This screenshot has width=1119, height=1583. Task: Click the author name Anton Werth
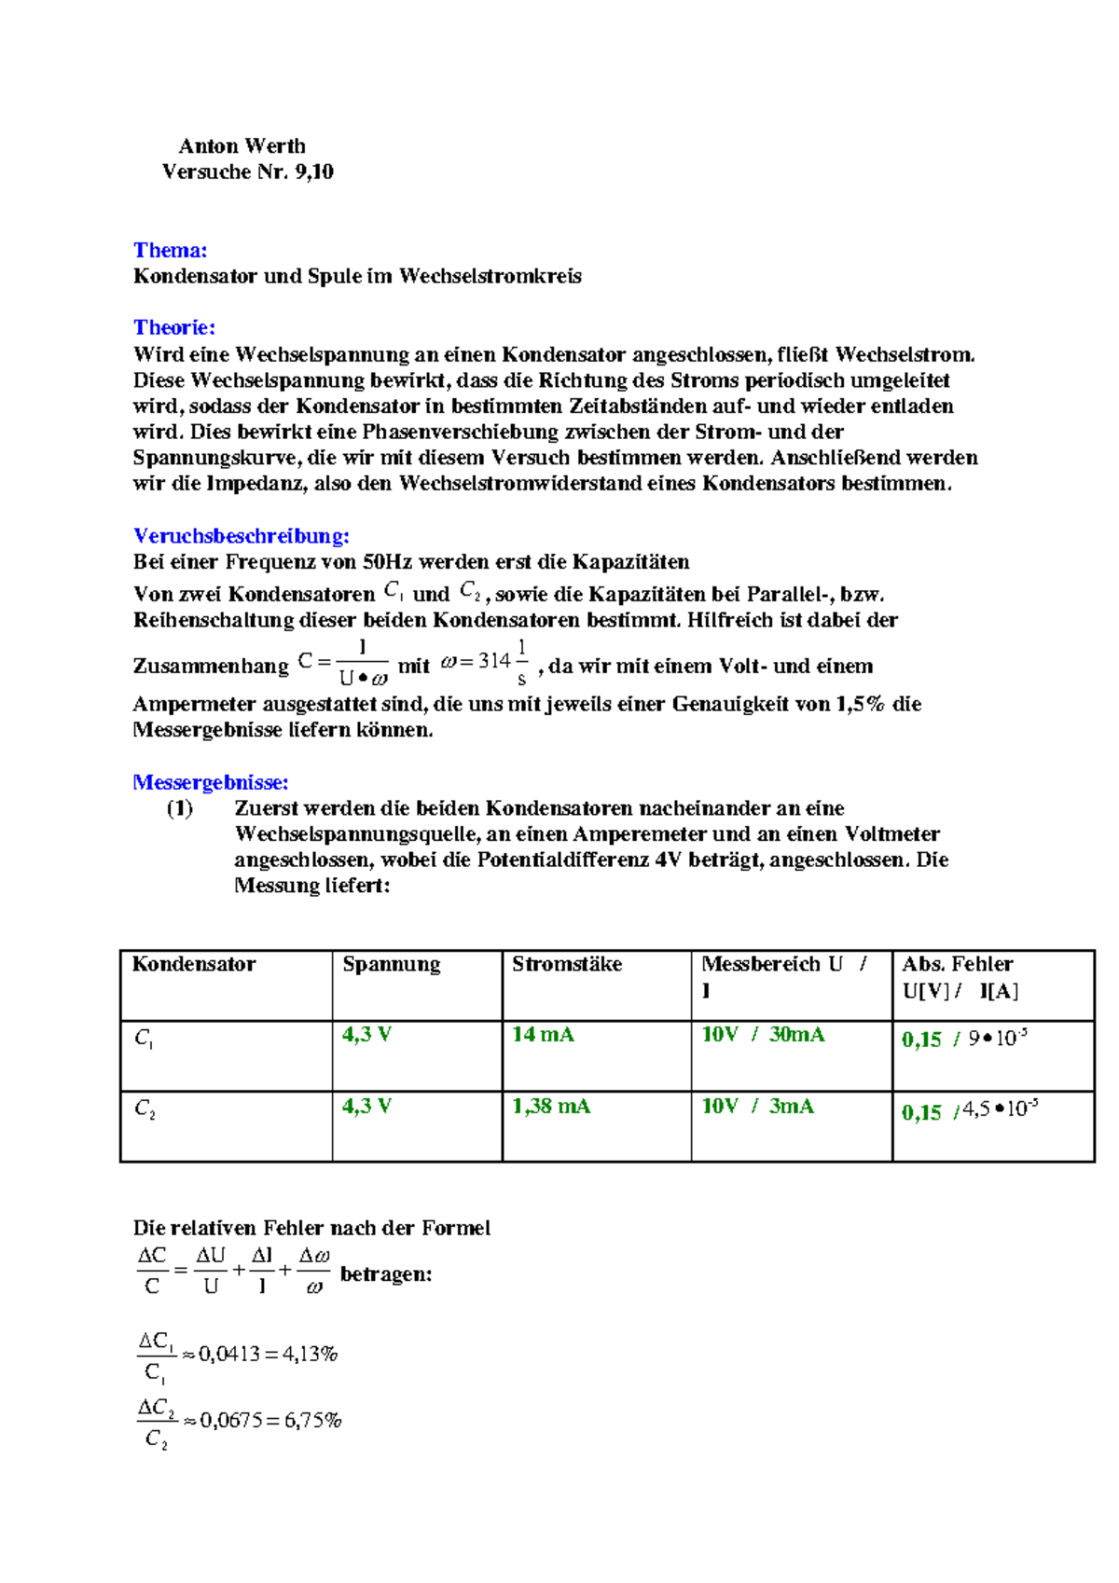(x=242, y=146)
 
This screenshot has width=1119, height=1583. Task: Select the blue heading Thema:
(x=170, y=250)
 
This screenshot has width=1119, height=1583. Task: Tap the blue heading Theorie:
(x=173, y=327)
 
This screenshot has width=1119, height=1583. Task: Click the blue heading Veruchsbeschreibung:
(x=241, y=536)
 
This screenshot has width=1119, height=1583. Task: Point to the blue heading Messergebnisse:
(x=210, y=782)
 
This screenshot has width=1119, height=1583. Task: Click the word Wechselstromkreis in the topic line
(x=490, y=276)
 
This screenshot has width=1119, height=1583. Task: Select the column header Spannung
(x=391, y=964)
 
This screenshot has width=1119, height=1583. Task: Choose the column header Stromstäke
(x=566, y=964)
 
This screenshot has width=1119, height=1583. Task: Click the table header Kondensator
(x=194, y=964)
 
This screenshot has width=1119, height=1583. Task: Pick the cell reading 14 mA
(x=543, y=1035)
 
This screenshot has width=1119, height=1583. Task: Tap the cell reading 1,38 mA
(x=550, y=1107)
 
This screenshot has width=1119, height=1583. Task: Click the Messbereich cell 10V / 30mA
(x=762, y=1035)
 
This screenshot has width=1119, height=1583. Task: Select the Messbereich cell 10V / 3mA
(x=757, y=1107)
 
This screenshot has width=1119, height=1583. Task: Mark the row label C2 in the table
(x=145, y=1109)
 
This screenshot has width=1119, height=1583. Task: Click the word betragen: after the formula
(x=386, y=1274)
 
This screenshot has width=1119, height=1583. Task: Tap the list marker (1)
(x=180, y=808)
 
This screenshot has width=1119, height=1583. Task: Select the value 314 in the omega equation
(x=493, y=661)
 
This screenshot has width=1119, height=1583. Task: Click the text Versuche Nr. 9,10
(x=247, y=172)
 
